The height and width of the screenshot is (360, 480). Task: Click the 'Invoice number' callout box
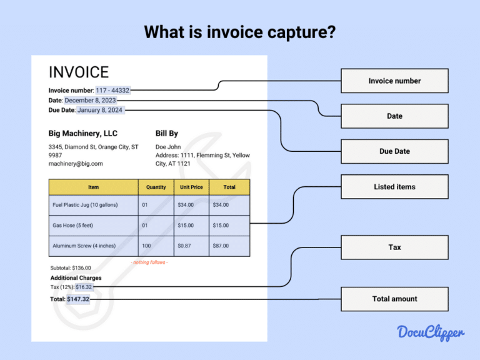click(394, 81)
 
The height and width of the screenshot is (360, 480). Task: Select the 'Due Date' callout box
click(394, 151)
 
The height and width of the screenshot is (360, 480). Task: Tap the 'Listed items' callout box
click(394, 187)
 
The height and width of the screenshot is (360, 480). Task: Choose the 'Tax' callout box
click(394, 247)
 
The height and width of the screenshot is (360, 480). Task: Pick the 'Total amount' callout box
click(394, 299)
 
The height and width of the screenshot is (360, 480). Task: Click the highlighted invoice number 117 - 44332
click(112, 91)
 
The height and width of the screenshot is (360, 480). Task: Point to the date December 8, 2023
click(90, 100)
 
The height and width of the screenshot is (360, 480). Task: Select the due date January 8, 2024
click(100, 110)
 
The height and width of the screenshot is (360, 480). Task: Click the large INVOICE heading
click(79, 72)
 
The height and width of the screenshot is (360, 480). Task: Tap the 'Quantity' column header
click(156, 187)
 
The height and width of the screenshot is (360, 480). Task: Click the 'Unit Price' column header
click(191, 187)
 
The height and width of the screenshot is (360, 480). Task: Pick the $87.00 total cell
click(221, 246)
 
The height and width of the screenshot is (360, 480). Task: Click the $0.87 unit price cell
click(184, 246)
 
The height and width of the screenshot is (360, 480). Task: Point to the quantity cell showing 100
click(146, 246)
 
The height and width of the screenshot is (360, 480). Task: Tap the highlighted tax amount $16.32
click(84, 287)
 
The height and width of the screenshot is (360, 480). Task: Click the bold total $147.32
click(78, 299)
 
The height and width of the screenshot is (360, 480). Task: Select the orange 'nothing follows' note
click(149, 262)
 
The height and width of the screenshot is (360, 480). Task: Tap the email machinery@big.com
click(76, 164)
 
